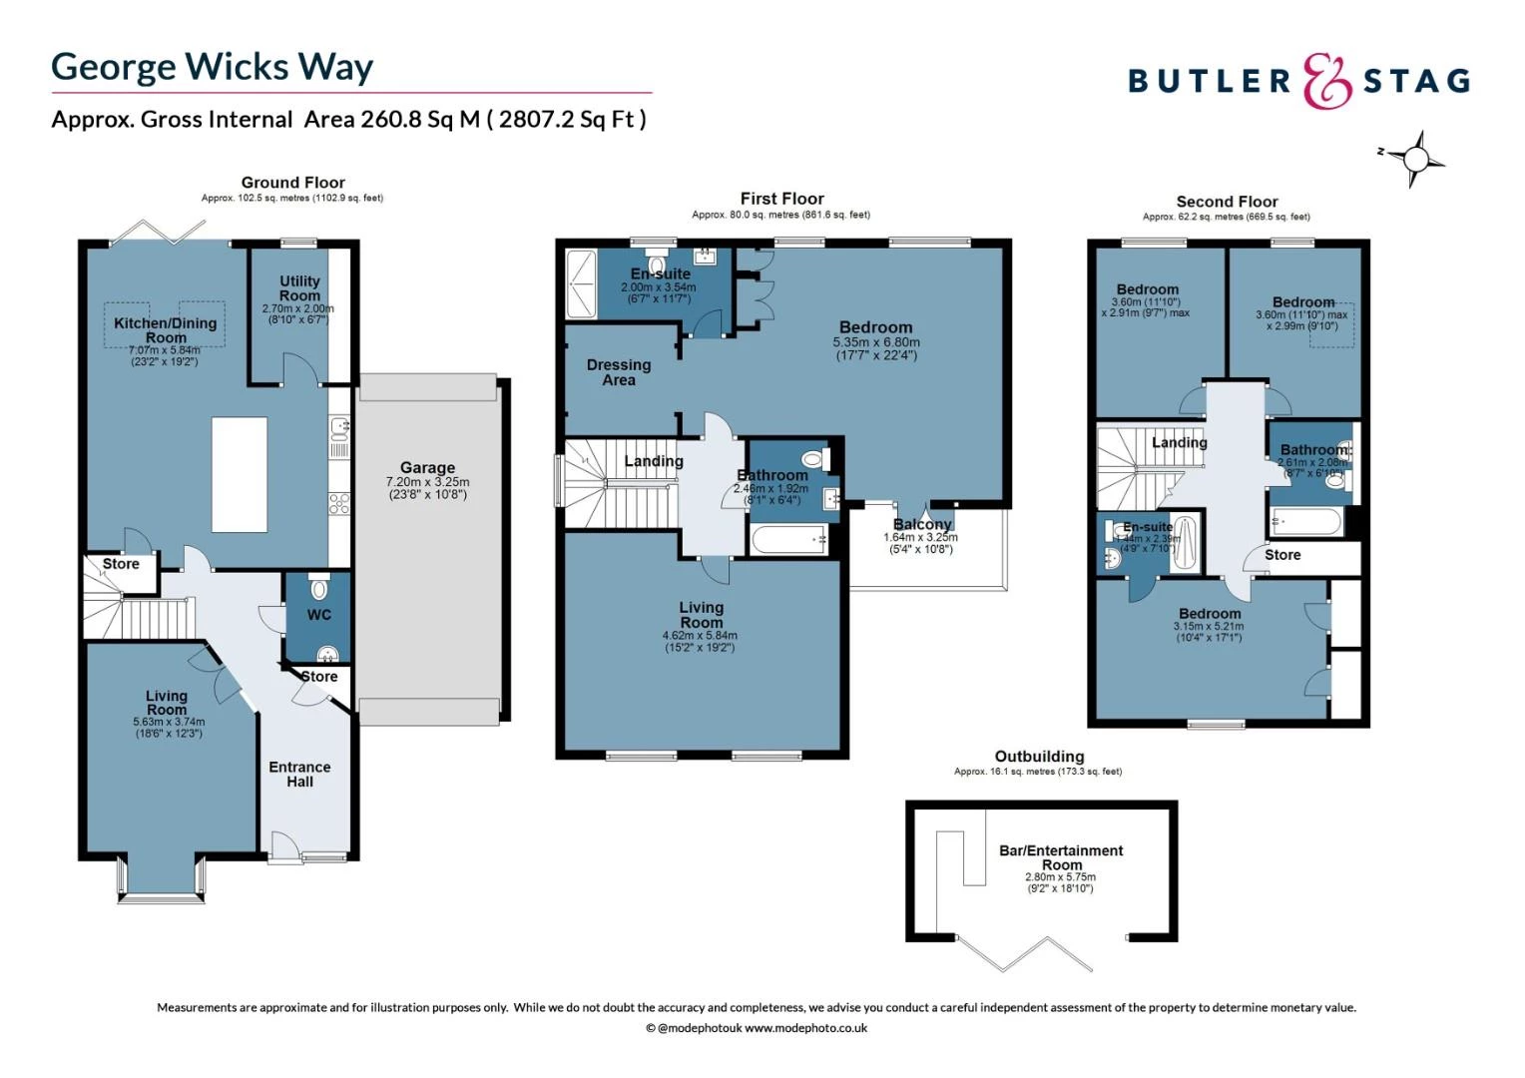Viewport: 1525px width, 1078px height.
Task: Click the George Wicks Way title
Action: point(212,67)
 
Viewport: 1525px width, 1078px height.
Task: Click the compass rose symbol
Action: point(1414,159)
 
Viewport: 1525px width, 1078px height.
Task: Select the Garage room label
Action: point(427,467)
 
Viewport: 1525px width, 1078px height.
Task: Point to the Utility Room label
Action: point(299,288)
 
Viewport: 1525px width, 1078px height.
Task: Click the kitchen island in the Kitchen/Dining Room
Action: point(240,475)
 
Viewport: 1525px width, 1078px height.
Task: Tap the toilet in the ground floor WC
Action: point(318,588)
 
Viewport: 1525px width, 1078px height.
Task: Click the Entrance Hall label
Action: point(299,775)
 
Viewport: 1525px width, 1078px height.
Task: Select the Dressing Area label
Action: point(619,372)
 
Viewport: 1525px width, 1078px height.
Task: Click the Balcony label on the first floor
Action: point(922,524)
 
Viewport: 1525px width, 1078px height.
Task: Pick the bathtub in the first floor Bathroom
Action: point(789,540)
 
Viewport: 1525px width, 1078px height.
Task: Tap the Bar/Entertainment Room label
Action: point(1061,857)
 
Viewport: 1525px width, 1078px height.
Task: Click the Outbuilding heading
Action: point(1039,757)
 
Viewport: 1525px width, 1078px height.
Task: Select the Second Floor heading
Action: point(1227,202)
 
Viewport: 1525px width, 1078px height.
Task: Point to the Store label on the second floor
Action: point(1282,555)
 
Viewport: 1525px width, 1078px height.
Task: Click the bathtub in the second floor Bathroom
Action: point(1305,522)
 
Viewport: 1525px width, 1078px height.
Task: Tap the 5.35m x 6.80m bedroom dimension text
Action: point(875,342)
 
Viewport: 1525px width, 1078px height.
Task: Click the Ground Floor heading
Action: point(292,183)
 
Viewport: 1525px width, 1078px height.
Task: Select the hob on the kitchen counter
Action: point(339,503)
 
